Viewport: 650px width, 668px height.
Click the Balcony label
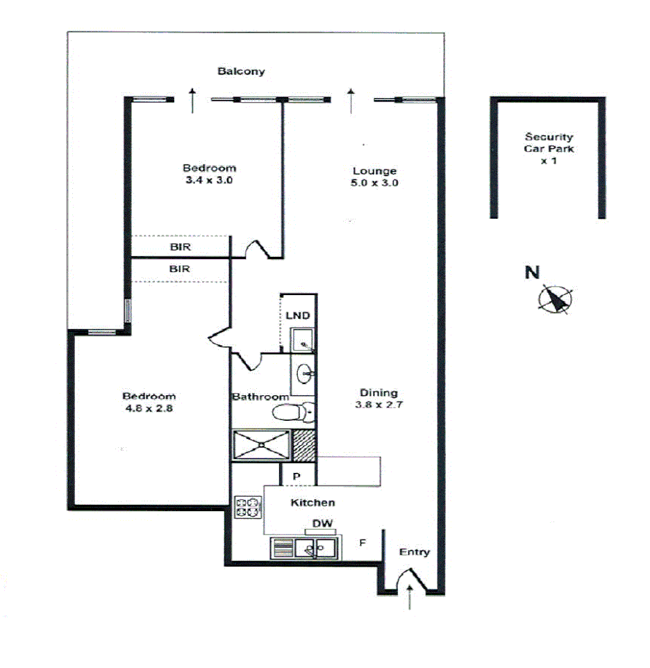tap(241, 72)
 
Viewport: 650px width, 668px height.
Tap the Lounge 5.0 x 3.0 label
tap(374, 177)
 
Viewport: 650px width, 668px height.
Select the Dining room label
tap(378, 399)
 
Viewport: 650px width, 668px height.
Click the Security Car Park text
tap(549, 148)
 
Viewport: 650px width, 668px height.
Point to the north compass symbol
tap(555, 299)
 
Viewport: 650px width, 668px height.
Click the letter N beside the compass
tap(532, 273)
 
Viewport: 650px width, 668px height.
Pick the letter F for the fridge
tap(362, 542)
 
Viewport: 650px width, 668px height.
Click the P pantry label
tap(296, 477)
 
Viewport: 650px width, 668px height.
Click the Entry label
tap(415, 552)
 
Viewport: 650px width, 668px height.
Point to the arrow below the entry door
tap(410, 598)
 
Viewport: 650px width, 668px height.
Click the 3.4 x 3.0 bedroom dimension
tap(209, 180)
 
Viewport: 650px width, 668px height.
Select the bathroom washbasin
tap(303, 375)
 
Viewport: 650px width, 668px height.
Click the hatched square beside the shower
tap(303, 444)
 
